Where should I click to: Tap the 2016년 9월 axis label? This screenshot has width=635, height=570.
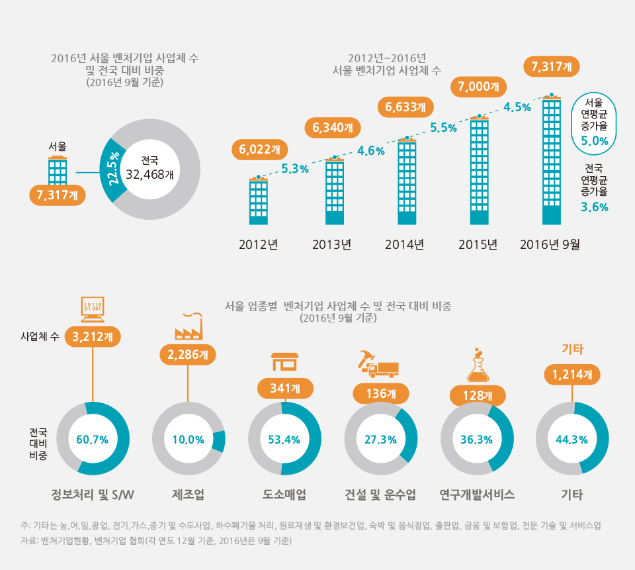(550, 244)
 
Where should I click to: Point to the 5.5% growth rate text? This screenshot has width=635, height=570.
(444, 128)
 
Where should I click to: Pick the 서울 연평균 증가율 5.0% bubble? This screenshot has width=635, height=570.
(594, 122)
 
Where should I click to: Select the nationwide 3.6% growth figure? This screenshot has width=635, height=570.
(594, 207)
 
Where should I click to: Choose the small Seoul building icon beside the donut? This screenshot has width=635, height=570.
(58, 170)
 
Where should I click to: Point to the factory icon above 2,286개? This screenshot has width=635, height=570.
(189, 326)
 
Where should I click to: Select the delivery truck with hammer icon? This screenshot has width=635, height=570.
(379, 364)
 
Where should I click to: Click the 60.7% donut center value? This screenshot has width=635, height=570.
(93, 439)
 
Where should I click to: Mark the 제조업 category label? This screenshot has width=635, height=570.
(188, 495)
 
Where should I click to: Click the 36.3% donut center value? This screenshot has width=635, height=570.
(477, 439)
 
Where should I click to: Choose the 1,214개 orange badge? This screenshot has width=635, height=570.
(572, 375)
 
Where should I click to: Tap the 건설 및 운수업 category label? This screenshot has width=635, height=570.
(380, 495)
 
